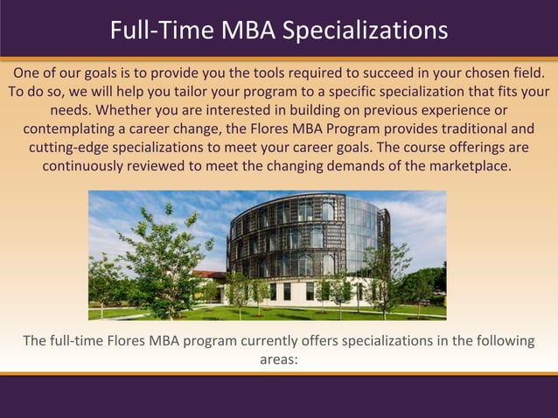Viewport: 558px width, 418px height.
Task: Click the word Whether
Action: pyautogui.click(x=129, y=110)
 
